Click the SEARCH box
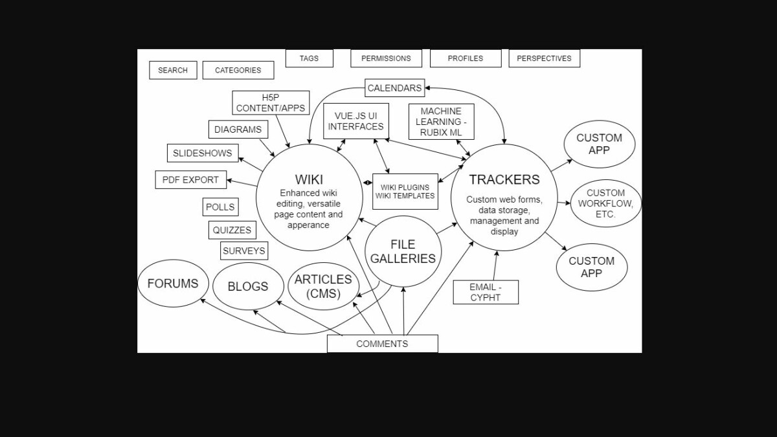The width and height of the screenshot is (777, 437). pyautogui.click(x=173, y=70)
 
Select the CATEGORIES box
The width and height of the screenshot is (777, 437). pyautogui.click(x=238, y=70)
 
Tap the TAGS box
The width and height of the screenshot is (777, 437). pyautogui.click(x=309, y=58)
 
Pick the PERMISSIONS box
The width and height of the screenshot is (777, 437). pyautogui.click(x=386, y=58)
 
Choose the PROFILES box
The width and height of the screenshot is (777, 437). pyautogui.click(x=465, y=58)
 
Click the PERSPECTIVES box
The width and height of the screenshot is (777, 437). pyautogui.click(x=544, y=58)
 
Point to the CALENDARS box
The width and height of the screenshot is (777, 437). pyautogui.click(x=395, y=88)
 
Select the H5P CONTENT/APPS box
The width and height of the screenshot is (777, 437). pyautogui.click(x=271, y=103)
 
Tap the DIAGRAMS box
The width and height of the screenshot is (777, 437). pyautogui.click(x=238, y=129)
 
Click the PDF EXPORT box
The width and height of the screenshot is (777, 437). pyautogui.click(x=190, y=179)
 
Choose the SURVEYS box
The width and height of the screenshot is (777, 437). pyautogui.click(x=243, y=251)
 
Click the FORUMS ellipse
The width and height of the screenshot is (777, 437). pyautogui.click(x=173, y=284)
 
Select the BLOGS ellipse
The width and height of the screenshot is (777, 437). pyautogui.click(x=248, y=286)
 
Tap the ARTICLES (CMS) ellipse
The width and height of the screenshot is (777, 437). pyautogui.click(x=322, y=286)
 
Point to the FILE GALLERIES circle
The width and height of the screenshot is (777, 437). pyautogui.click(x=403, y=251)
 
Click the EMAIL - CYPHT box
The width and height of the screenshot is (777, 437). pyautogui.click(x=485, y=292)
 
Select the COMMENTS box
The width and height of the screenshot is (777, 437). pyautogui.click(x=382, y=344)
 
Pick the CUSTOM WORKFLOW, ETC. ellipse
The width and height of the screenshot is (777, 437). pyautogui.click(x=605, y=203)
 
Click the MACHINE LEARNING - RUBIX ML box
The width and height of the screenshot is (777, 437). pyautogui.click(x=441, y=122)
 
